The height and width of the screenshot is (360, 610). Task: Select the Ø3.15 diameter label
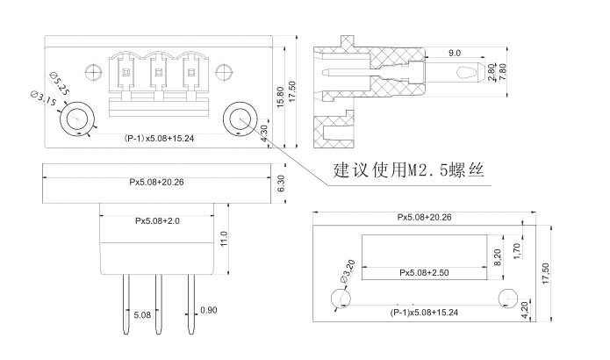[x=43, y=99]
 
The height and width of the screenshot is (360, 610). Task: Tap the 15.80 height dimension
[x=280, y=97]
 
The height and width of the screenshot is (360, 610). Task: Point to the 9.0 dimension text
[x=455, y=53]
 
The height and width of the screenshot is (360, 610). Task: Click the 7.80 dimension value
[x=503, y=72]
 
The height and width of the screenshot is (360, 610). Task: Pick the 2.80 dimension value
[x=492, y=72]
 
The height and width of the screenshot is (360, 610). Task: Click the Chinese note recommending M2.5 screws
[x=408, y=169]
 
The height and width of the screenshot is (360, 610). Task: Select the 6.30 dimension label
[x=281, y=184]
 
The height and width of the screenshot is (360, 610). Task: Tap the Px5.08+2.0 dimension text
[x=158, y=220]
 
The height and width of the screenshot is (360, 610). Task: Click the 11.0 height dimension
[x=224, y=239]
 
